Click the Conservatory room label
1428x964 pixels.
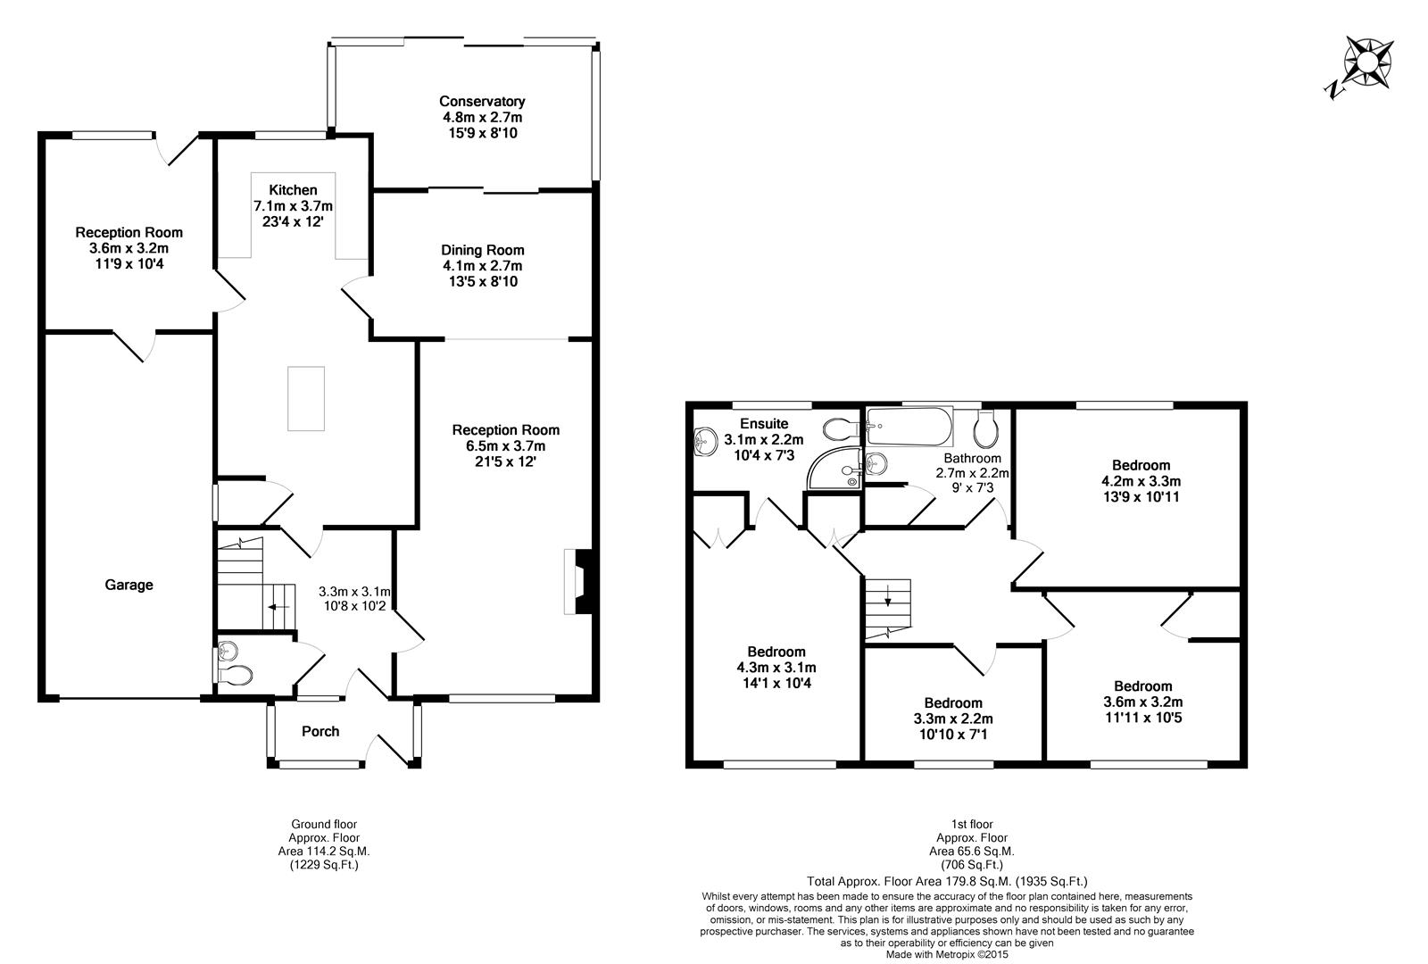click(482, 102)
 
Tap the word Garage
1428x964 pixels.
click(129, 586)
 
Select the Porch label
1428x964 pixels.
click(320, 732)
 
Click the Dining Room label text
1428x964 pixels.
click(482, 251)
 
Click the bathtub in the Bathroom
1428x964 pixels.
click(908, 428)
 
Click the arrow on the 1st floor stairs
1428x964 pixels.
click(888, 601)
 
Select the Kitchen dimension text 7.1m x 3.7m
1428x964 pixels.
click(293, 206)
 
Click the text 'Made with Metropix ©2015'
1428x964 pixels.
click(946, 954)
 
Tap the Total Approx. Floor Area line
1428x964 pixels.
click(946, 880)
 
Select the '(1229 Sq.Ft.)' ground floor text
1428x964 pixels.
click(324, 864)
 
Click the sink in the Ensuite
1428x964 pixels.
click(706, 438)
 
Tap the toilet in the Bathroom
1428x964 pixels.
click(985, 429)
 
